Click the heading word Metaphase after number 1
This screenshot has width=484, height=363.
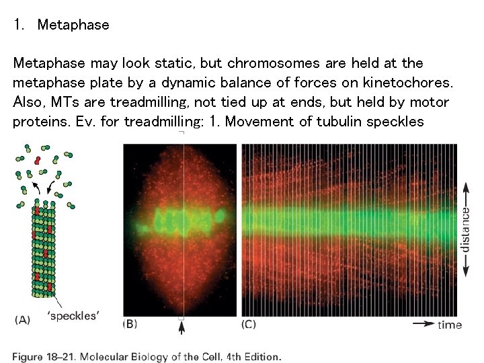point(73,26)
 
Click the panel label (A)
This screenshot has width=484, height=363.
point(23,320)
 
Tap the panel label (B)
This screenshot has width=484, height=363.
point(129,324)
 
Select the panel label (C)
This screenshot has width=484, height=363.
point(249,324)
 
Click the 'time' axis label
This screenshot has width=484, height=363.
point(450,325)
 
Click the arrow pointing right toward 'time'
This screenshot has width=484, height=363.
point(423,324)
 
